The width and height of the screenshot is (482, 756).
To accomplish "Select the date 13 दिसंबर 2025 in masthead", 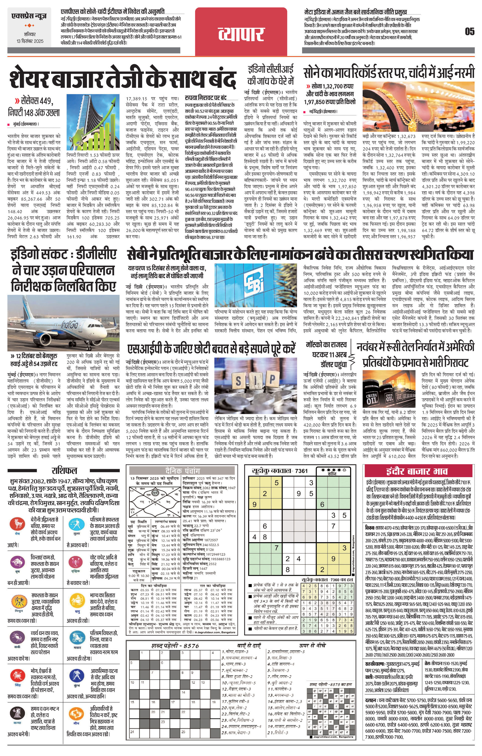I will pos(30,41).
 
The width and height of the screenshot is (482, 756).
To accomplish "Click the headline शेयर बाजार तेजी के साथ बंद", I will pos(123,79).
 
